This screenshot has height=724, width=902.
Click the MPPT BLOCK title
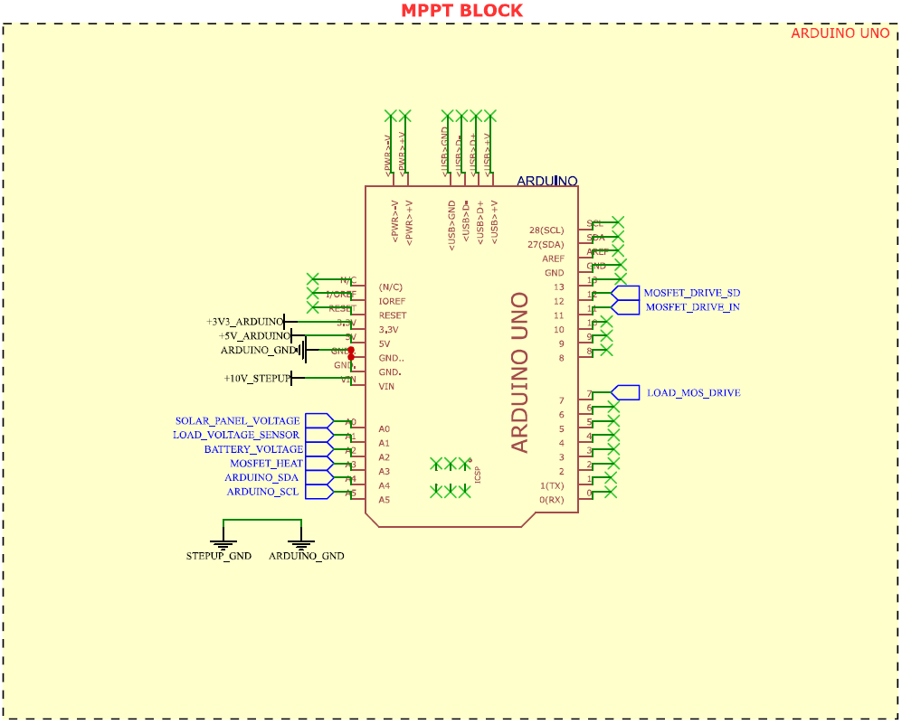[x=461, y=11]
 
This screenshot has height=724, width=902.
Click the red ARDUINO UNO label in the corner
[x=840, y=33]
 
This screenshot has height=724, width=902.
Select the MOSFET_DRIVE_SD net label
[x=691, y=293]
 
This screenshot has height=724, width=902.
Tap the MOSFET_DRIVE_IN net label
[x=691, y=307]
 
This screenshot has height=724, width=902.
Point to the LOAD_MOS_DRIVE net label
[x=693, y=393]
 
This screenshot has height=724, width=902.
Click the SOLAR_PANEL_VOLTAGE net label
[x=237, y=421]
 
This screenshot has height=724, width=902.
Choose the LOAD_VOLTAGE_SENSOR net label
[x=235, y=435]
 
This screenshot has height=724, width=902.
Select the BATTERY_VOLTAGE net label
[x=253, y=449]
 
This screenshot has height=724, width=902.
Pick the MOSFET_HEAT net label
[x=266, y=464]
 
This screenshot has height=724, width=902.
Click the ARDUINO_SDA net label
[x=261, y=477]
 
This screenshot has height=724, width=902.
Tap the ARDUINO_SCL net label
[x=262, y=492]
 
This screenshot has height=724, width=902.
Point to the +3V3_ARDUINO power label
[x=244, y=322]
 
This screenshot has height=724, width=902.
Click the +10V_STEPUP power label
[x=258, y=378]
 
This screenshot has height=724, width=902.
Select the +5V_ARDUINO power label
[x=253, y=336]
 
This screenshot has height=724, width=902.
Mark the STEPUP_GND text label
[x=218, y=556]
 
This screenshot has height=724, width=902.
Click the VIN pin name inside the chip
[x=387, y=387]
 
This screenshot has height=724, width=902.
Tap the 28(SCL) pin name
[x=546, y=230]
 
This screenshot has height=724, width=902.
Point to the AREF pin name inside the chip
[x=553, y=259]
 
